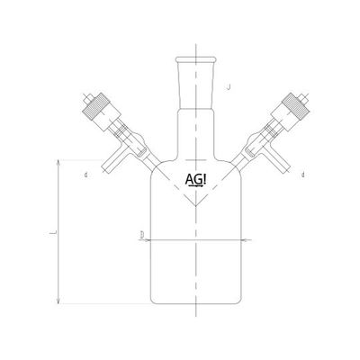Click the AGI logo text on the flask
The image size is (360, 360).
[x=194, y=179]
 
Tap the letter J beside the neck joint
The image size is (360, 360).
[x=232, y=87]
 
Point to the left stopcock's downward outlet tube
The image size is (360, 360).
[x=112, y=161]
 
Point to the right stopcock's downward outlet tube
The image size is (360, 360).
[x=280, y=161]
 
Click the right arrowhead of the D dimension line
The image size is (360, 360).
[x=244, y=240]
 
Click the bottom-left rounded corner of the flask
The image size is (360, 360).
[x=152, y=298]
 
